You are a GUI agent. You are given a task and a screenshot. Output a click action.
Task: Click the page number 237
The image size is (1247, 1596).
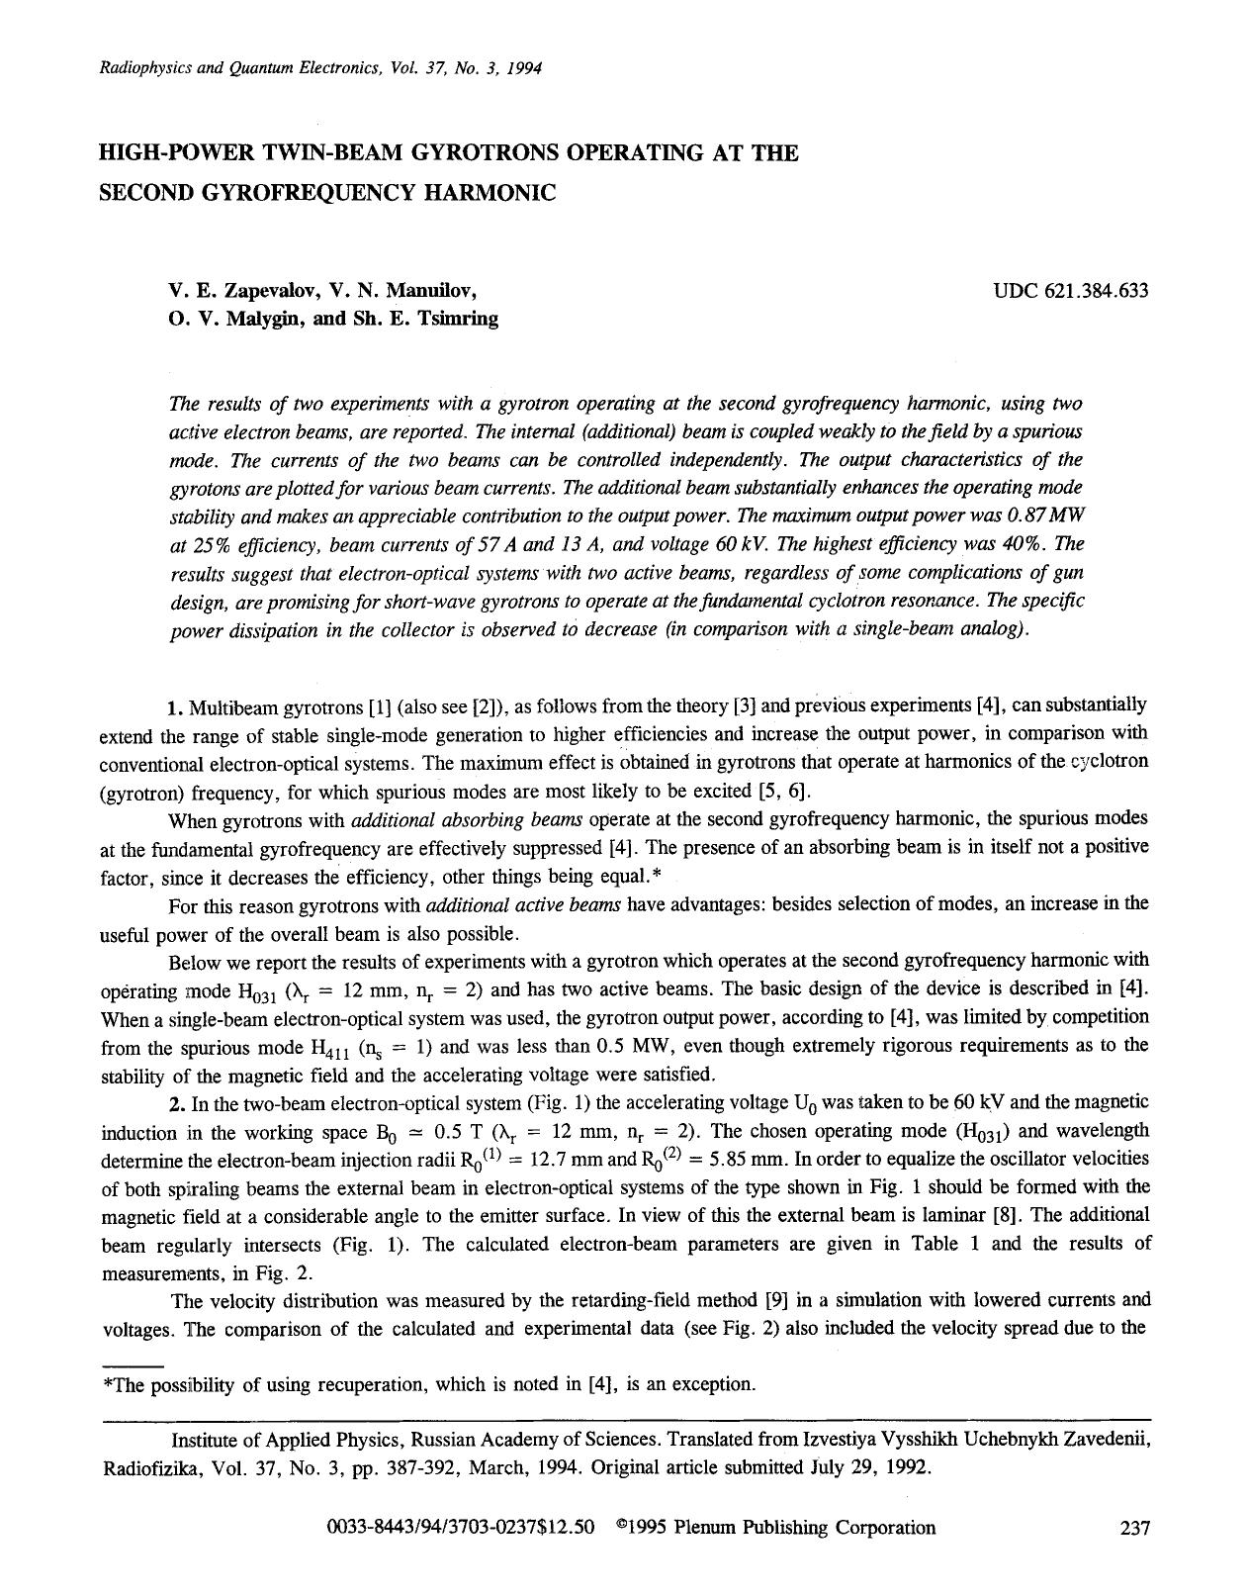coord(1134,1528)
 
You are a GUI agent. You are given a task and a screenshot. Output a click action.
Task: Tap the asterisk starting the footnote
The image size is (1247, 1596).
coord(108,1383)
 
